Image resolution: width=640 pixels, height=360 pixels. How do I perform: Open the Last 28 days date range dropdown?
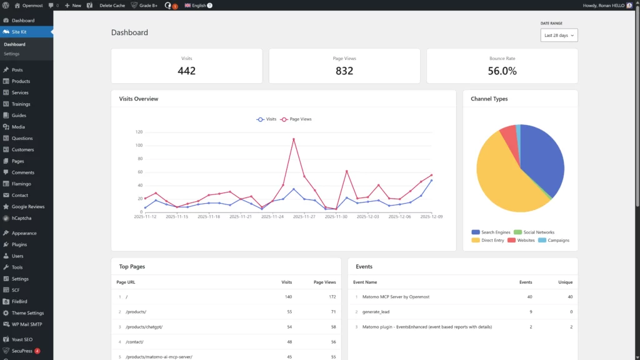tap(559, 36)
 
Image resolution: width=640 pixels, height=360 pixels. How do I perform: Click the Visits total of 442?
tap(186, 71)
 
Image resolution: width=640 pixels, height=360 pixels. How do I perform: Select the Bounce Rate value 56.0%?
tap(502, 71)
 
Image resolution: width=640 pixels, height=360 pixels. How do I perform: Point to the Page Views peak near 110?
tap(294, 139)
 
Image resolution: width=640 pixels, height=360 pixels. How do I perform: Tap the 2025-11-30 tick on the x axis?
tap(336, 217)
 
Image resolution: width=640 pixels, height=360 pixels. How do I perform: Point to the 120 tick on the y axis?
tap(139, 132)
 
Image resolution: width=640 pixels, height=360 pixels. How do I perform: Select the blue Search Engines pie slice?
tap(541, 156)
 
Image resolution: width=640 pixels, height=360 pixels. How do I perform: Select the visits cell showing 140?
tap(288, 297)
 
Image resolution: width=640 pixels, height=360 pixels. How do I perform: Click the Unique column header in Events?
tap(565, 282)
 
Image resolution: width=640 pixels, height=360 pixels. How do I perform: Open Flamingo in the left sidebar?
tap(21, 184)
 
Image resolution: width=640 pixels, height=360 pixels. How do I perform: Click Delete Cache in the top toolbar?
tap(112, 5)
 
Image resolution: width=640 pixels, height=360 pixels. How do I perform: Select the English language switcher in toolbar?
tap(198, 5)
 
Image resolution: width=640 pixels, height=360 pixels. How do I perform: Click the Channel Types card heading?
tap(489, 99)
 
